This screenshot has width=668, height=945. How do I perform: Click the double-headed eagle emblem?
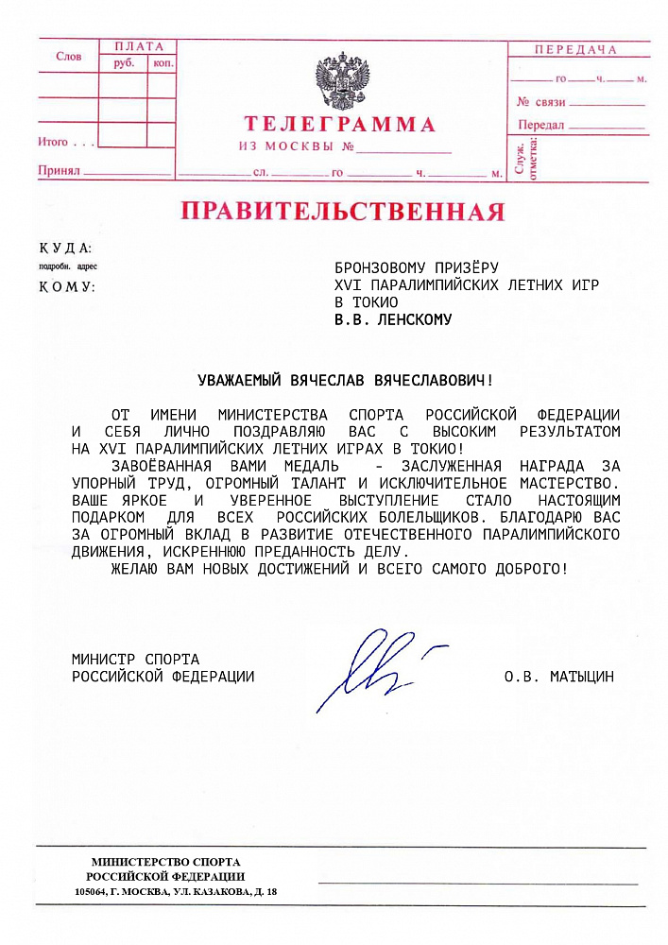click(342, 81)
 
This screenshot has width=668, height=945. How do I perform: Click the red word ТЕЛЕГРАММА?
click(340, 125)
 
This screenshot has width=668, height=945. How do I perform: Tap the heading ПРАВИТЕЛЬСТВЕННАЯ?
click(343, 211)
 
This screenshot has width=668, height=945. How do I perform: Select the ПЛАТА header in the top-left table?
click(138, 46)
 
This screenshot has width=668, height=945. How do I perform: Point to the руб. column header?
click(124, 63)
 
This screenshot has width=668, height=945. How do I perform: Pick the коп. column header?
click(163, 63)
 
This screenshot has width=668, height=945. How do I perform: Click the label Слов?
click(69, 57)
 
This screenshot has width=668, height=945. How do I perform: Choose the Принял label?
click(58, 171)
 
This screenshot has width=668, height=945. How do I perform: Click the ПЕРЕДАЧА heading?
click(576, 50)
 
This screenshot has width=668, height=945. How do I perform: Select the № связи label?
click(540, 101)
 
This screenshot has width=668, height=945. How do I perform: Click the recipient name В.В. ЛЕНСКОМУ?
click(393, 319)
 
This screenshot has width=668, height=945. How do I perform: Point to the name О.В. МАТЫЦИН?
click(559, 677)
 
